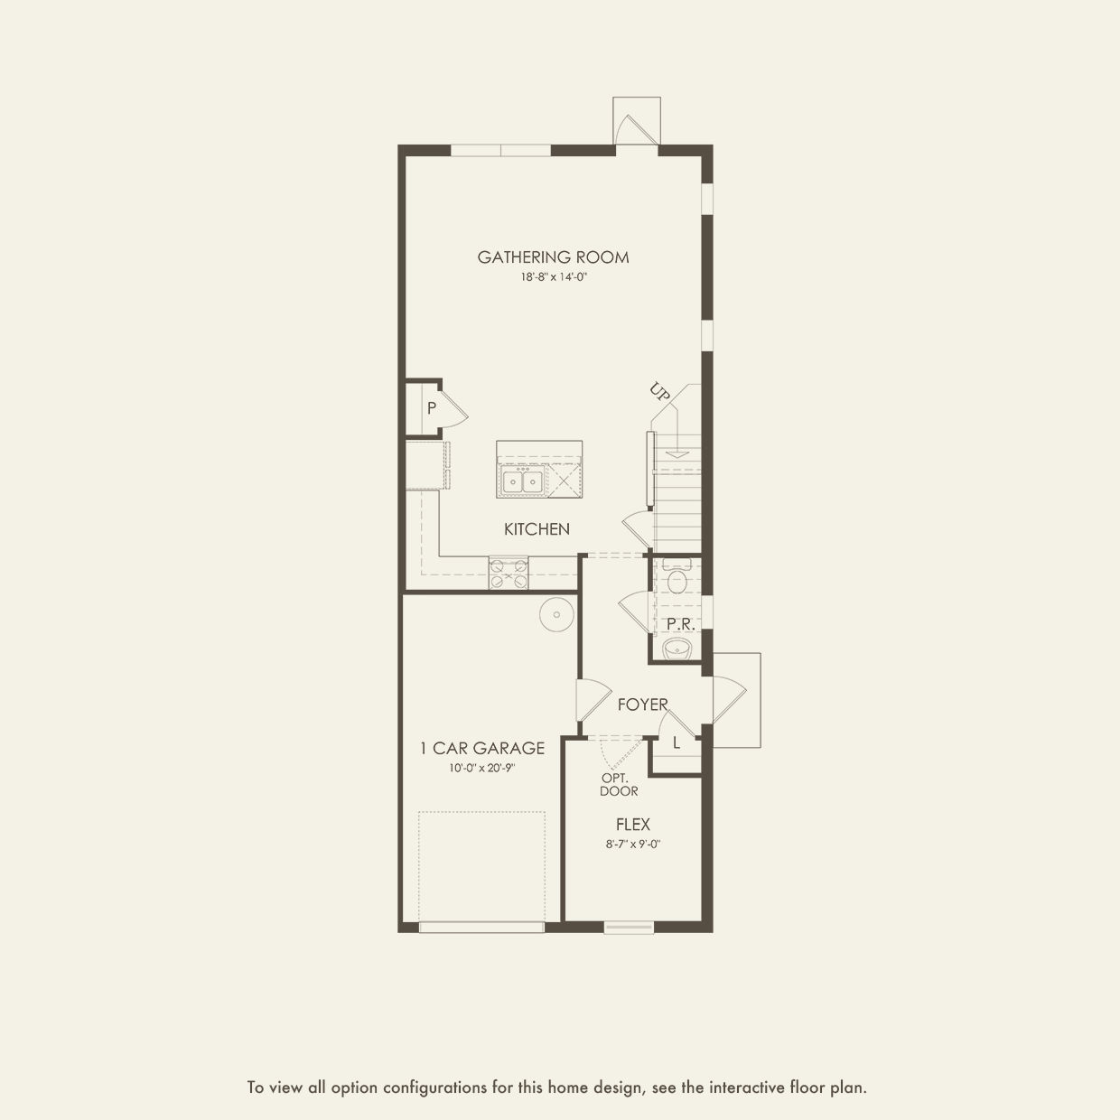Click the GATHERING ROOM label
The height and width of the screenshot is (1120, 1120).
(553, 257)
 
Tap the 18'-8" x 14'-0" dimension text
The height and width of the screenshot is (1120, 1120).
(554, 278)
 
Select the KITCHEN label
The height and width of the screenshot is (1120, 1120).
(537, 529)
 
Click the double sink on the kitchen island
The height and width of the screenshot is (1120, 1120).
(522, 481)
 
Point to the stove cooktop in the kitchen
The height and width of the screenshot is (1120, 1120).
(509, 573)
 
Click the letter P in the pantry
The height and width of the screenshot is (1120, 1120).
(431, 408)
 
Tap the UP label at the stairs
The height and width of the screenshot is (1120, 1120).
(659, 392)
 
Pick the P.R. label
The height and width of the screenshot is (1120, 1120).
(681, 624)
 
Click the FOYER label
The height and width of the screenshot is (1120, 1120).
(643, 705)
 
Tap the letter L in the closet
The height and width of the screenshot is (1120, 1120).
(677, 742)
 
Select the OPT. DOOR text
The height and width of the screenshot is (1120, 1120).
(619, 785)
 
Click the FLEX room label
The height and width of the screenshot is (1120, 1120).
(633, 824)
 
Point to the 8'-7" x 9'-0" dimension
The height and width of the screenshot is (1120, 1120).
(633, 845)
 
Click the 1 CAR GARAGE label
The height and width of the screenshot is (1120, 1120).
(482, 748)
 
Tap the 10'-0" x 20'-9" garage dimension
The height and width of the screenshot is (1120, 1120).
(482, 768)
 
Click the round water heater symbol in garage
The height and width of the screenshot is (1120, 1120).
(556, 614)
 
